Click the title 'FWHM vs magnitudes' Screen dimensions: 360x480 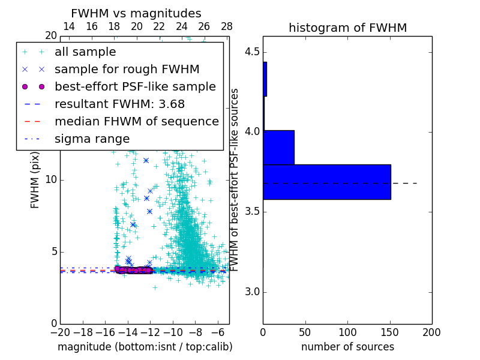coord(136,14)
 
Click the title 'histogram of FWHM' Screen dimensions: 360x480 coord(347,28)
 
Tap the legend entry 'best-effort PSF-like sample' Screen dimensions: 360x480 coord(135,87)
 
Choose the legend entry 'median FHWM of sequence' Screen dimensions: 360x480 coord(136,122)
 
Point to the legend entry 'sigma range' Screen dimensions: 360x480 coord(92,139)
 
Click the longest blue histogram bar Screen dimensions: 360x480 coord(326,182)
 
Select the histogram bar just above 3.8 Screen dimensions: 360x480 coord(278,147)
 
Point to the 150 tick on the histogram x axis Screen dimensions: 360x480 coord(390,332)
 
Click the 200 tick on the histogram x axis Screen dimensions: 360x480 coord(432,332)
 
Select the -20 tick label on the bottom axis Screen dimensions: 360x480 coord(60,332)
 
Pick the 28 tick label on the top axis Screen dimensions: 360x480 coord(227,27)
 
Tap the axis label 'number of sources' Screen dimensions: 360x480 coord(347,347)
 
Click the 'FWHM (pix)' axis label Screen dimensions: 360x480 coord(35,180)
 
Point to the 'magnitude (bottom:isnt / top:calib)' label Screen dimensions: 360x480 coord(145,347)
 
